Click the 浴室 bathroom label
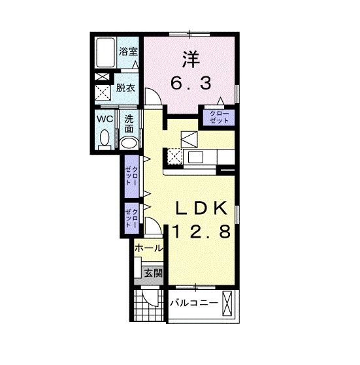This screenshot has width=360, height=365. click(129, 52)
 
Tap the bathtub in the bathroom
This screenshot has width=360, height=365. click(105, 53)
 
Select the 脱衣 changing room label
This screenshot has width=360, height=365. click(125, 88)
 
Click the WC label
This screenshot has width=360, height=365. click(105, 119)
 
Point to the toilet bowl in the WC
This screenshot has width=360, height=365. click(105, 138)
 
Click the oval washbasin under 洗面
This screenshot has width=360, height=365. click(129, 143)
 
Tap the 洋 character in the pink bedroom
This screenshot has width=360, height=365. click(191, 59)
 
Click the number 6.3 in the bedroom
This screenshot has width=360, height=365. click(191, 83)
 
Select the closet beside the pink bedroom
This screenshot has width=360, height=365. click(219, 118)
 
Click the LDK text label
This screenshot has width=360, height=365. click(201, 208)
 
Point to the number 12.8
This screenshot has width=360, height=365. click(202, 231)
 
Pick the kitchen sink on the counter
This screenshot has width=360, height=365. click(196, 157)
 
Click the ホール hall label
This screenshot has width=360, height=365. click(148, 248)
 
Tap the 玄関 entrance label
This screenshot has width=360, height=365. click(153, 273)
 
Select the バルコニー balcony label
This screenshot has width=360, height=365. click(194, 303)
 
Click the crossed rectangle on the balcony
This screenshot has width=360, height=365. click(228, 304)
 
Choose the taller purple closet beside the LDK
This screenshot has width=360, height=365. click(132, 176)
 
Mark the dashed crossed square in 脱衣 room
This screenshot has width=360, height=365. click(103, 93)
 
